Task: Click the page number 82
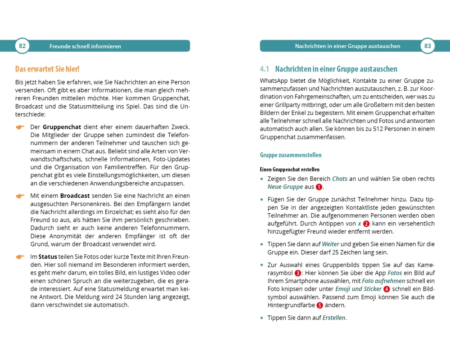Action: point(22,46)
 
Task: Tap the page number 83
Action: point(427,46)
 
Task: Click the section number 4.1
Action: point(264,69)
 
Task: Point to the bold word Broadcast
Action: point(75,196)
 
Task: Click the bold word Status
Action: point(48,256)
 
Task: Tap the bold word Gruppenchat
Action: point(63,127)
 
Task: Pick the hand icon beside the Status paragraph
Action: point(20,257)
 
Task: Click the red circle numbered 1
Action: point(319,187)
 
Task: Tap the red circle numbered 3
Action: point(297,273)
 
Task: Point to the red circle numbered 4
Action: point(386,289)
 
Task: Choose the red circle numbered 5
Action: point(320,306)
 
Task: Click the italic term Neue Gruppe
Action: point(285,187)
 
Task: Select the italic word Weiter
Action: point(331,244)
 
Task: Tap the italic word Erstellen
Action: point(334,318)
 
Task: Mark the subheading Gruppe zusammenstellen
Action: point(291,155)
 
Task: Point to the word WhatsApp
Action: point(275,81)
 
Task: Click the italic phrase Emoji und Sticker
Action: point(358,289)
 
